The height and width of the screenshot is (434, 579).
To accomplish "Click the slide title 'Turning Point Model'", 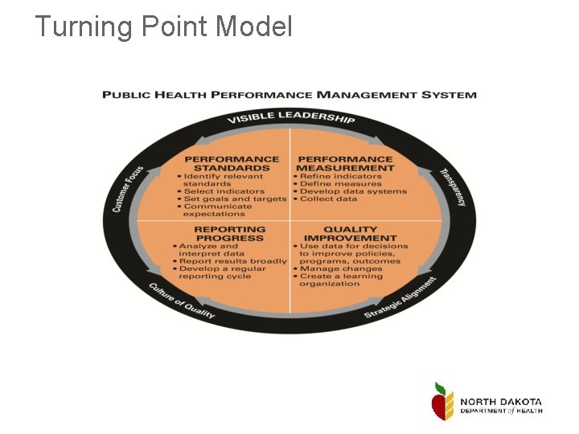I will (x=164, y=27).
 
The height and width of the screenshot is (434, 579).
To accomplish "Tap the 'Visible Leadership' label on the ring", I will (x=290, y=117).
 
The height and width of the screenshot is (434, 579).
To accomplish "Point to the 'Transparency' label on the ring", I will (x=452, y=187).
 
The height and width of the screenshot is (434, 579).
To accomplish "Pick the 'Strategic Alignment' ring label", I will (x=400, y=297).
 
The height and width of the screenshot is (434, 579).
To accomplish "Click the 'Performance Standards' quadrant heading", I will (x=232, y=164).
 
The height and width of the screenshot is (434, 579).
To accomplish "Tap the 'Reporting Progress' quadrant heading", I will (x=229, y=234).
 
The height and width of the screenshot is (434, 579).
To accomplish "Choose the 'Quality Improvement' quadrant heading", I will (x=350, y=234).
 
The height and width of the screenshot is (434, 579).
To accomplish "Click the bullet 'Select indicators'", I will (x=224, y=191).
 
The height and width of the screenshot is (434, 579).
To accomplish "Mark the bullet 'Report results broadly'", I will (x=232, y=261).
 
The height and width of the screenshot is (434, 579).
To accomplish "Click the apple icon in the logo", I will (x=442, y=400).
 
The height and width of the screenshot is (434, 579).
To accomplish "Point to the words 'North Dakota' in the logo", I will (x=501, y=402).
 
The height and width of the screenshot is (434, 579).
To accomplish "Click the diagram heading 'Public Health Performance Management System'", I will (x=289, y=95).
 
